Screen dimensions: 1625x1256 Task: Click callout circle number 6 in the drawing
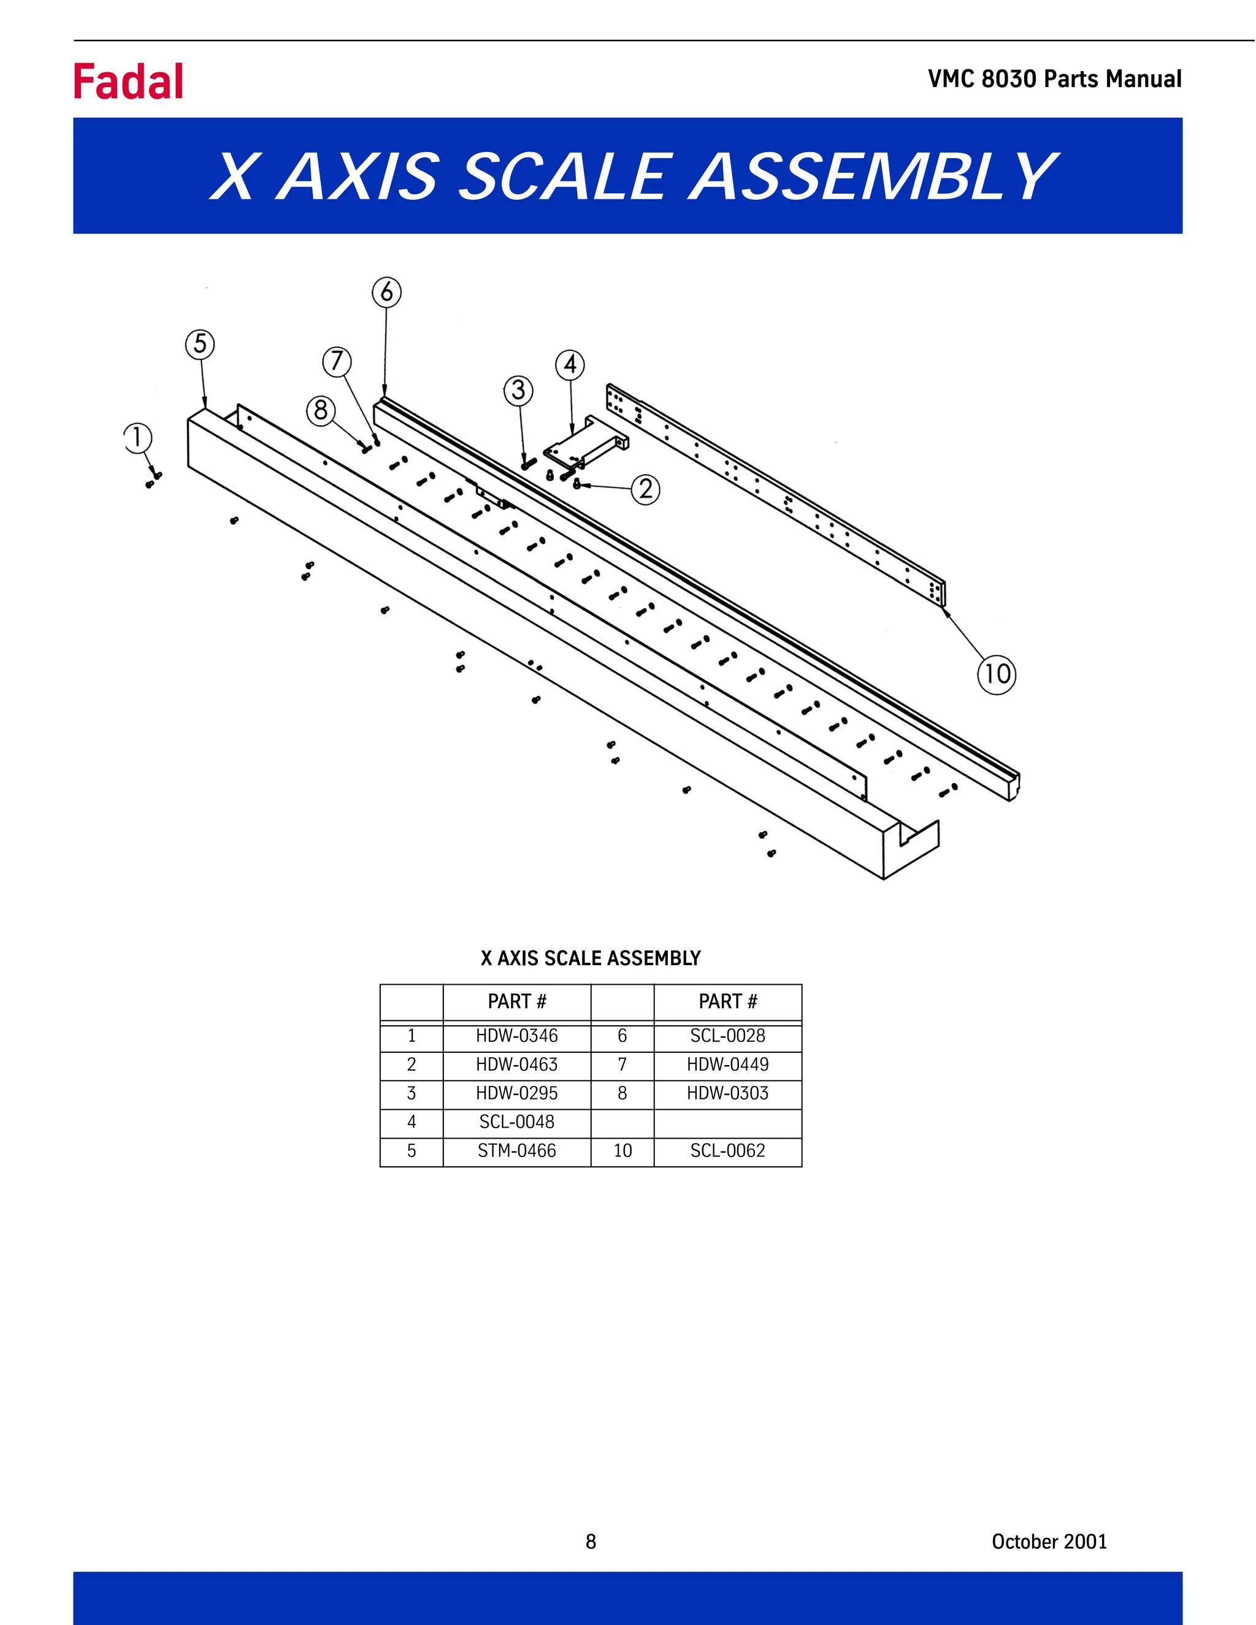coord(386,292)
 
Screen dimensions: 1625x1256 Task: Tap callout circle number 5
coord(200,345)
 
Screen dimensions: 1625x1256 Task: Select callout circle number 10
coord(997,674)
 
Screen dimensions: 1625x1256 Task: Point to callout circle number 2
coord(645,489)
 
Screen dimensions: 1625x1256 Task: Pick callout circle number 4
coord(570,365)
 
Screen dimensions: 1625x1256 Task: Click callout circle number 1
coord(137,437)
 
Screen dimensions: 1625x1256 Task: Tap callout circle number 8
coord(321,410)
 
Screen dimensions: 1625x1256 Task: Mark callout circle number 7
coord(336,362)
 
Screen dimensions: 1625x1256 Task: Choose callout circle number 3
coord(519,391)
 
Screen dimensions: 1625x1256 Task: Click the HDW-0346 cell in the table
coord(516,1036)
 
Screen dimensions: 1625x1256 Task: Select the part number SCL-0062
coord(727,1151)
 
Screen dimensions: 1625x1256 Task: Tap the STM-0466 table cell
coord(516,1151)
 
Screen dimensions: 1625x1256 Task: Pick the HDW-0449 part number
coord(727,1065)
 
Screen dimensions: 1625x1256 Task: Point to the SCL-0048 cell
coord(516,1122)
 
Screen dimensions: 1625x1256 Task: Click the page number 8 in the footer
coord(591,1542)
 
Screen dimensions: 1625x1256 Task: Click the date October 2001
coord(1048,1542)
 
